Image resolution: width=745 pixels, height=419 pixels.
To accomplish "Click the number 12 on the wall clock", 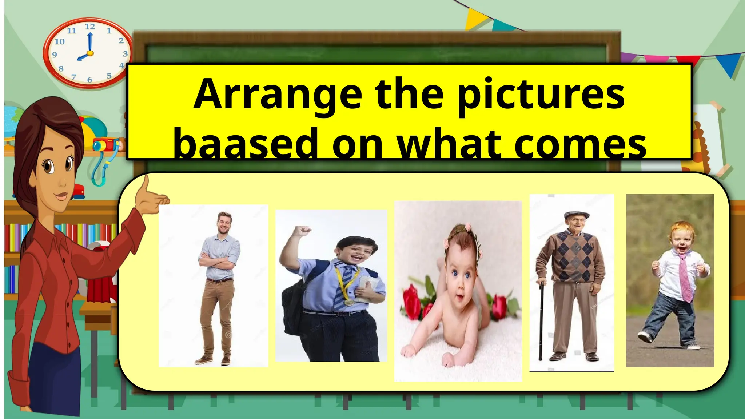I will (x=90, y=27).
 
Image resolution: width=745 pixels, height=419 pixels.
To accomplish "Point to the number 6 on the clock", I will (x=89, y=80).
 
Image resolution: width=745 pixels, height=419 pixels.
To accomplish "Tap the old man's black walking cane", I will (x=541, y=320).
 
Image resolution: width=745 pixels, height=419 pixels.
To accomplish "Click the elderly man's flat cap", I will (x=577, y=214).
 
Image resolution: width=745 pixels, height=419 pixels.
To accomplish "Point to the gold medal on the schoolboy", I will (x=348, y=302).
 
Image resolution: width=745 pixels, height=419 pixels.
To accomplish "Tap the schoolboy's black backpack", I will (x=293, y=309).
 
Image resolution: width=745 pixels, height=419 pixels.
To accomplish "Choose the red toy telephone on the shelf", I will (x=77, y=191).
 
